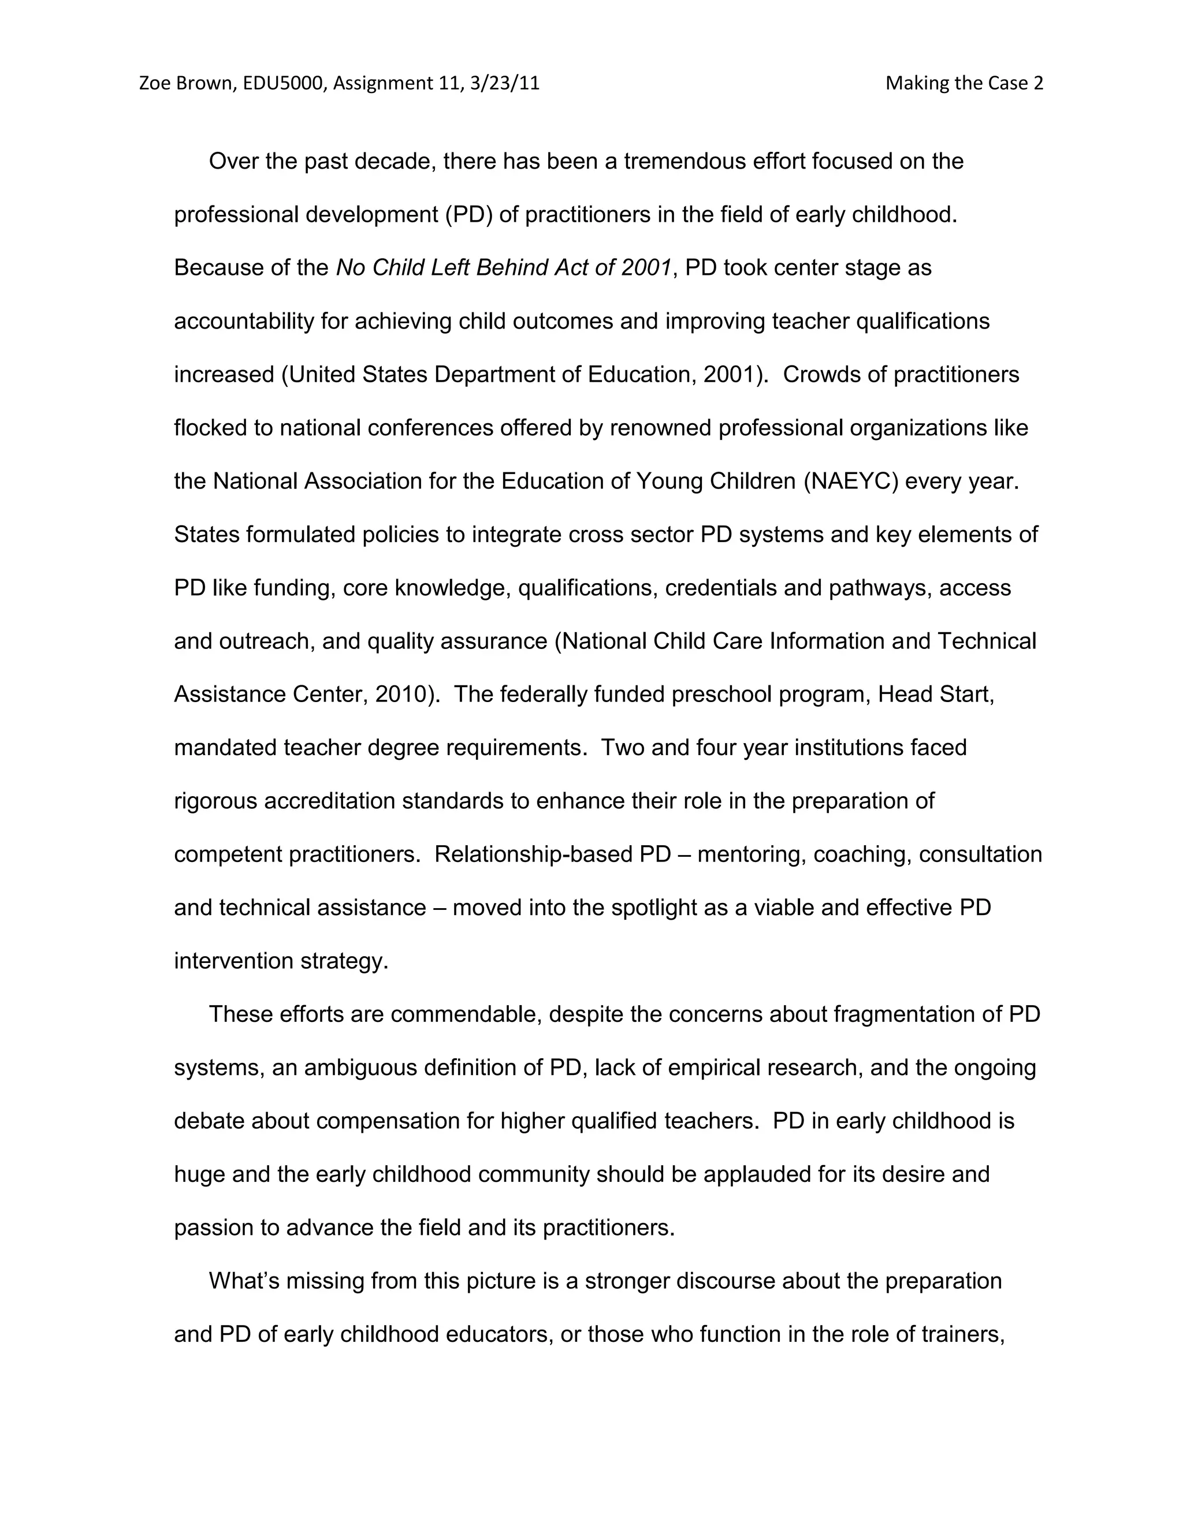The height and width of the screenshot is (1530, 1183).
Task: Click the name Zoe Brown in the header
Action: (x=186, y=83)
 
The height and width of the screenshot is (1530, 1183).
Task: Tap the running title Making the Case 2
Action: (x=963, y=83)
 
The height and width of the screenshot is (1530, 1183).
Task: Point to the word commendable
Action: (x=466, y=1014)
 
